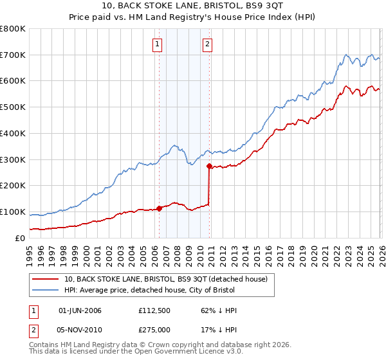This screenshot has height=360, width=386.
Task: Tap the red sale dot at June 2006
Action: [x=159, y=208]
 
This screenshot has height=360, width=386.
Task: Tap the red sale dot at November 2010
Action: [x=209, y=166]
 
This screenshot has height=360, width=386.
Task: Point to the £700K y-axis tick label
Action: [x=13, y=55]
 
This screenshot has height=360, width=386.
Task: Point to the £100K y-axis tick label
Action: [x=13, y=212]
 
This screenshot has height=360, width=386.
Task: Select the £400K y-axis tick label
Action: [x=13, y=134]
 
